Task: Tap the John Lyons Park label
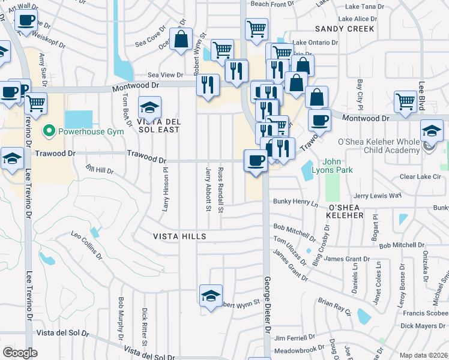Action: pos(337,166)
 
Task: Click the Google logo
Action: pos(20,353)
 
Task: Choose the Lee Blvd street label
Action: pos(422,95)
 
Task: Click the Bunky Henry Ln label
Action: pos(295,202)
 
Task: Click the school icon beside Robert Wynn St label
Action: pos(211,296)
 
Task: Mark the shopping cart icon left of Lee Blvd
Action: pos(406,101)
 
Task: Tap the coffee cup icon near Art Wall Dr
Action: pos(26,21)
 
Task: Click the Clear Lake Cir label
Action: pos(420,177)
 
